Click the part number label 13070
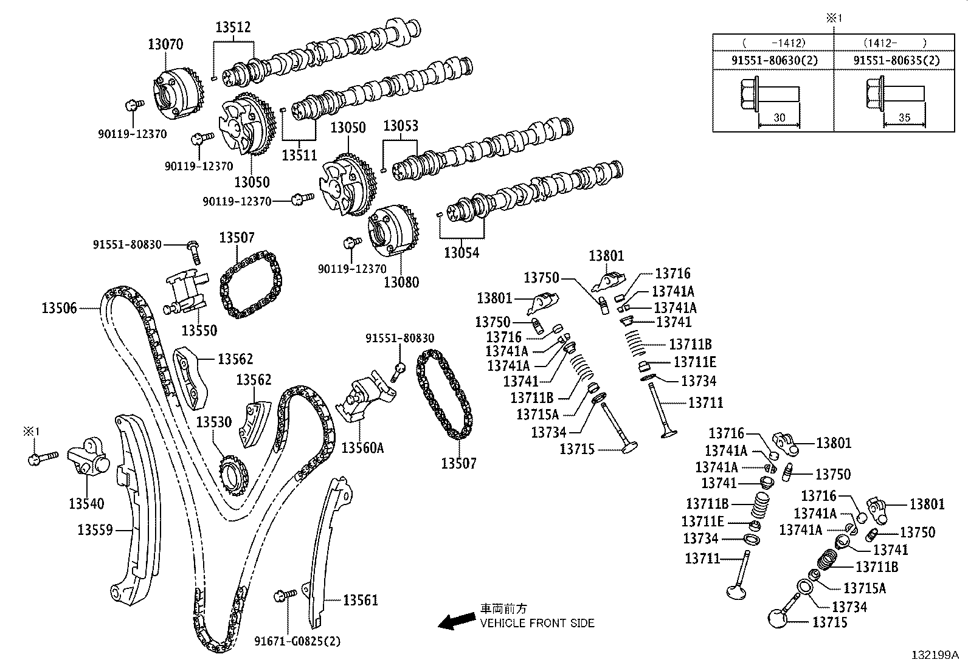165,44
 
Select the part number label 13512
233,27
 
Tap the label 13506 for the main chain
59,308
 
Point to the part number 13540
86,503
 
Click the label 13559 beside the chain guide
95,530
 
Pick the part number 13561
360,601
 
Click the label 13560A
362,448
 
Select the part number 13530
213,421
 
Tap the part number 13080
401,282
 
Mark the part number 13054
462,253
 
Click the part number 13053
401,126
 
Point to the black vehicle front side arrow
457,620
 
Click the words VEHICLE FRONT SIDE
537,623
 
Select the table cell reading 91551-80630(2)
772,60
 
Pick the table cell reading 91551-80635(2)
896,60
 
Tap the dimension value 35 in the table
904,118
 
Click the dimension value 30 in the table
780,118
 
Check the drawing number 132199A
935,655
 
